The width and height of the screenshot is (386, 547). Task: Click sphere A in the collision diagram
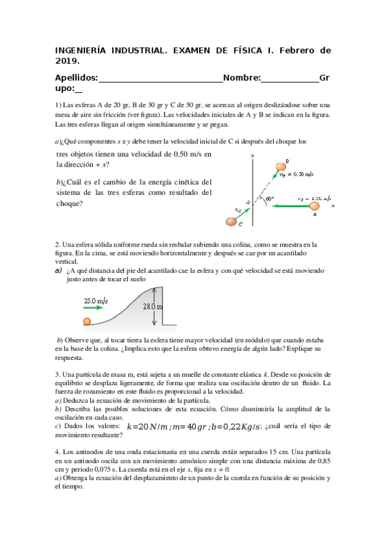click(314, 206)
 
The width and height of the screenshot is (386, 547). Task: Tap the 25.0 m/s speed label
click(95, 301)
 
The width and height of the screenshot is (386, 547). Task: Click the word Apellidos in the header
click(77, 78)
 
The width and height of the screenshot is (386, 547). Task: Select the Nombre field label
click(242, 78)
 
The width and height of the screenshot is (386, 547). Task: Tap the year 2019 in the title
click(68, 61)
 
